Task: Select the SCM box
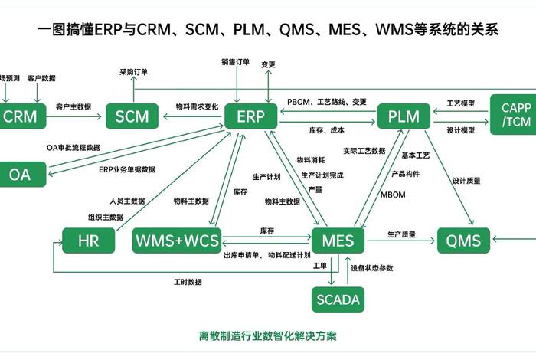[132, 117]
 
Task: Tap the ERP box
[250, 117]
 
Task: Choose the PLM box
[404, 117]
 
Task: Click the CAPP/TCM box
[512, 115]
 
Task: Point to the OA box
[20, 175]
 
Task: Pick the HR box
[88, 241]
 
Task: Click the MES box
[338, 241]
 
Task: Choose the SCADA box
[338, 299]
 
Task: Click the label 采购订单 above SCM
[134, 72]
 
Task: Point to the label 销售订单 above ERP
[236, 62]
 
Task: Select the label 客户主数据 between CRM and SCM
[74, 106]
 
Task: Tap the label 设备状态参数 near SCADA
[372, 268]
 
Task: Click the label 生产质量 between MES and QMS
[401, 234]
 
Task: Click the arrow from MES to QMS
[401, 241]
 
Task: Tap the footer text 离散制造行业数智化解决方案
[268, 335]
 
